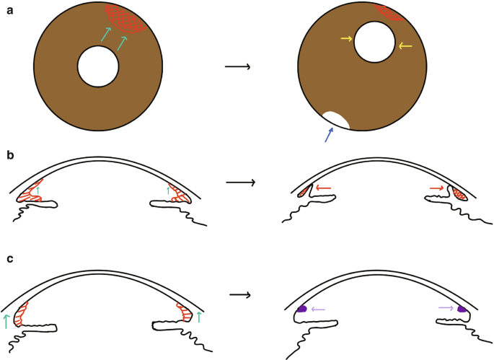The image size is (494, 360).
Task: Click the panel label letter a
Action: click(x=9, y=9)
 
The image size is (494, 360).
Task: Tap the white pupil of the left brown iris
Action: click(x=98, y=66)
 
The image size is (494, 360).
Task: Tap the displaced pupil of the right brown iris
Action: click(x=374, y=43)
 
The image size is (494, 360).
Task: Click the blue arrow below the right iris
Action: click(x=330, y=135)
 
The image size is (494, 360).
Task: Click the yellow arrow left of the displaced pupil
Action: click(x=345, y=39)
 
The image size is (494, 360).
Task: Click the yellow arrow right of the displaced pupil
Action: click(x=405, y=45)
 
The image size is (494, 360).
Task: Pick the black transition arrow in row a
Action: click(x=237, y=67)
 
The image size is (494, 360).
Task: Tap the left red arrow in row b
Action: click(x=323, y=189)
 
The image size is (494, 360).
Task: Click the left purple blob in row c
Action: click(x=303, y=309)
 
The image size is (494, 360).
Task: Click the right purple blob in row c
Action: click(x=462, y=309)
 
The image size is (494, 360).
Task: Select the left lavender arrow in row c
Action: click(x=318, y=309)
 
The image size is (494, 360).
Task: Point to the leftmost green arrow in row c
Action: click(x=6, y=321)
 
